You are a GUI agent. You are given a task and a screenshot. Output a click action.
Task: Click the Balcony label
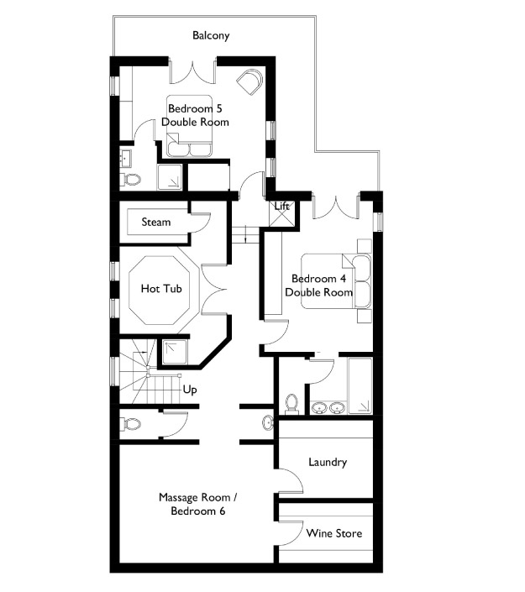pyautogui.click(x=211, y=35)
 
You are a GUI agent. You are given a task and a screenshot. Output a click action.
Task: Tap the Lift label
pyautogui.click(x=281, y=206)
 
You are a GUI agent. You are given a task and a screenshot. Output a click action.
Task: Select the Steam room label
pyautogui.click(x=156, y=222)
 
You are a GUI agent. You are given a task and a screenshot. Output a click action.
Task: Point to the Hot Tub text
pyautogui.click(x=161, y=289)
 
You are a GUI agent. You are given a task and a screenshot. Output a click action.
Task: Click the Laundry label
pyautogui.click(x=328, y=462)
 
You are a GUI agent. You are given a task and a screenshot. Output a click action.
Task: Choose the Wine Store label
pyautogui.click(x=334, y=533)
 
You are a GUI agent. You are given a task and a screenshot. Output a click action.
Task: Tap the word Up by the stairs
pyautogui.click(x=190, y=390)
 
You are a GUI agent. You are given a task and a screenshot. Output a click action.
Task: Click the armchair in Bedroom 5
pyautogui.click(x=249, y=82)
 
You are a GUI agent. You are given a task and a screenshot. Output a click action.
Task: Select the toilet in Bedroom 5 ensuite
pyautogui.click(x=130, y=180)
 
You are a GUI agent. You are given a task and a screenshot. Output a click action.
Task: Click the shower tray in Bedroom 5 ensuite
pyautogui.click(x=170, y=177)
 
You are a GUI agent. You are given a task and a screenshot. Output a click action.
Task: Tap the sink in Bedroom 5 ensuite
pyautogui.click(x=125, y=158)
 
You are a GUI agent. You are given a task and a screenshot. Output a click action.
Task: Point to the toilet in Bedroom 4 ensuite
pyautogui.click(x=291, y=403)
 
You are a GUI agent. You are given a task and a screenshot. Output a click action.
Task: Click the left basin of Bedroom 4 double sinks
pyautogui.click(x=319, y=408)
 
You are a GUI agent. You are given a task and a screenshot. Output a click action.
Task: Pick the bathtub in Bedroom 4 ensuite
pyautogui.click(x=360, y=385)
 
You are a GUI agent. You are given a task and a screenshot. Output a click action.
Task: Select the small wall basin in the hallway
pyautogui.click(x=268, y=423)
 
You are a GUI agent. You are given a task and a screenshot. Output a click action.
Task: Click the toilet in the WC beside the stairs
pyautogui.click(x=130, y=423)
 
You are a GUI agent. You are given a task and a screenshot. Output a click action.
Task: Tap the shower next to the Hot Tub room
pyautogui.click(x=175, y=353)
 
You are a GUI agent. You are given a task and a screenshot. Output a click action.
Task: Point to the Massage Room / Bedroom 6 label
pyautogui.click(x=198, y=505)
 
